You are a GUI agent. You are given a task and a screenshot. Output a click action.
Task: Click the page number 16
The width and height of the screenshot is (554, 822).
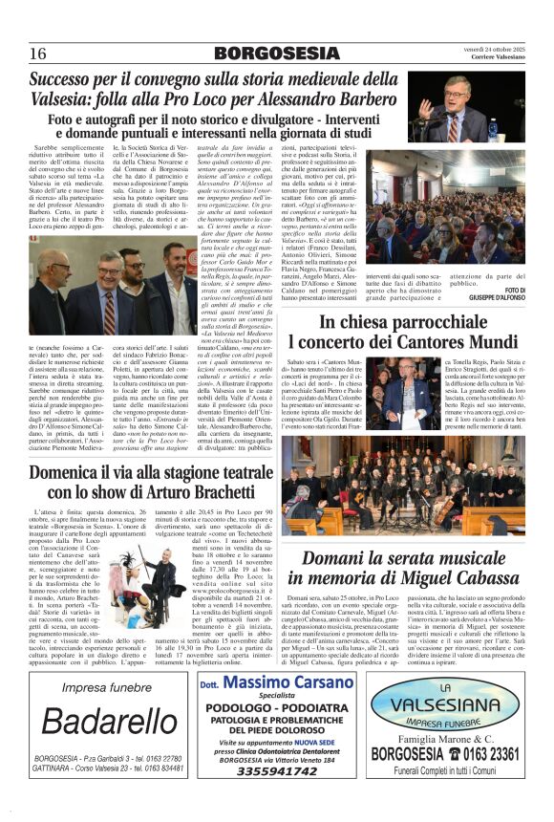(x=38, y=53)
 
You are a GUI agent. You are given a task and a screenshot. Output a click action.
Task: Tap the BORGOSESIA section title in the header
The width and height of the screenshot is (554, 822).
(x=276, y=54)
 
